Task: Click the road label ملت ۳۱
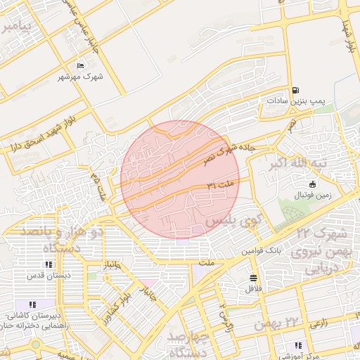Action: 224,184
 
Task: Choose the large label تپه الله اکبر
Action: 300,165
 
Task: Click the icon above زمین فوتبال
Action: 312,184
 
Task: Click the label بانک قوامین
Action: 262,250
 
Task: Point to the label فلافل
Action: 253,288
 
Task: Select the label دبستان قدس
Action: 48,276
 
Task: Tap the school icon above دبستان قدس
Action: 48,265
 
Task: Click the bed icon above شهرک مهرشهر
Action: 81,66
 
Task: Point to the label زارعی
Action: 317,324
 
